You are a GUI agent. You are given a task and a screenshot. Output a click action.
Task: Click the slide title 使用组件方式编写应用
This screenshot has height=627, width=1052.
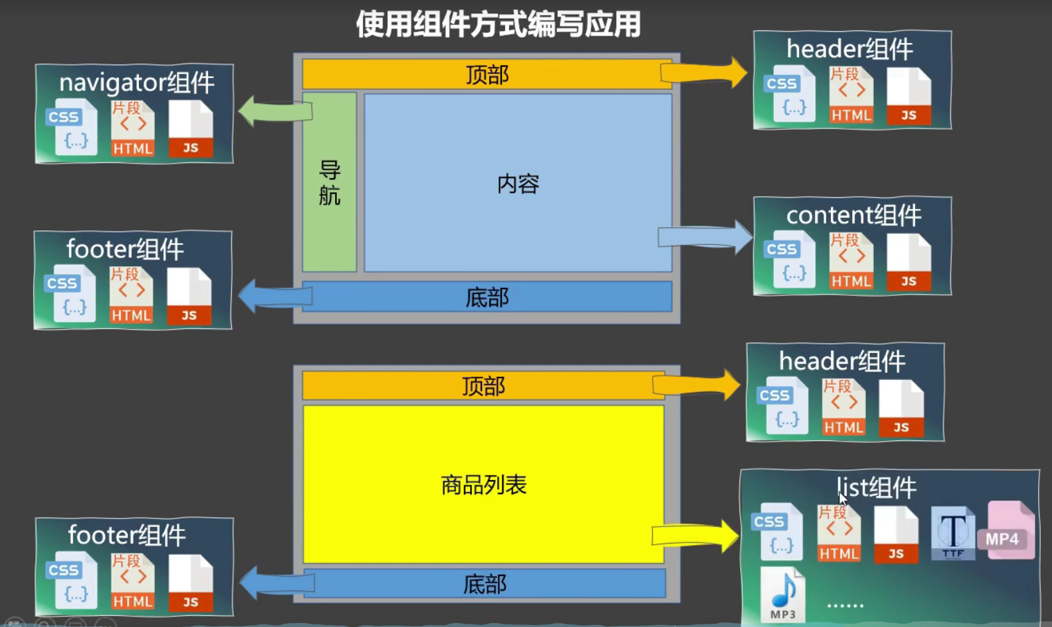pyautogui.click(x=498, y=24)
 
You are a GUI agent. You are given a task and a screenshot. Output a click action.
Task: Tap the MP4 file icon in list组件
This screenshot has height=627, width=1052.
pyautogui.click(x=1010, y=531)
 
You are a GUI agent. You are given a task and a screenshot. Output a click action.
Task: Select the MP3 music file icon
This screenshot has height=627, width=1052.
pyautogui.click(x=783, y=595)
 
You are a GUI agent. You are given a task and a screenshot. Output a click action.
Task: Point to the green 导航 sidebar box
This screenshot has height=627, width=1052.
pyautogui.click(x=330, y=183)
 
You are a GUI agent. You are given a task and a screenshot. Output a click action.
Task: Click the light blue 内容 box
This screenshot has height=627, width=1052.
pyautogui.click(x=518, y=183)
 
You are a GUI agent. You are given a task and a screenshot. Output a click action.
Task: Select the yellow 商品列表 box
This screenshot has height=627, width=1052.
pyautogui.click(x=483, y=485)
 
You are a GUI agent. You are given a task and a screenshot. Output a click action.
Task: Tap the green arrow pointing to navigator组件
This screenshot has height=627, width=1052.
pyautogui.click(x=273, y=111)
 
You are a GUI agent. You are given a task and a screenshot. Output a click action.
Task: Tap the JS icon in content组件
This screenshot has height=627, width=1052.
pyautogui.click(x=909, y=263)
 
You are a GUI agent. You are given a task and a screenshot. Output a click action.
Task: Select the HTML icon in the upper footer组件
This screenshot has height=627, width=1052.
pyautogui.click(x=131, y=295)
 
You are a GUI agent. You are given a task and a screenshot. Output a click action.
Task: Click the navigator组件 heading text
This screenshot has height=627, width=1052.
pyautogui.click(x=136, y=83)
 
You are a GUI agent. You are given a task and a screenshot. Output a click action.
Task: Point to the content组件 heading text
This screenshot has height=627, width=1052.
pyautogui.click(x=853, y=215)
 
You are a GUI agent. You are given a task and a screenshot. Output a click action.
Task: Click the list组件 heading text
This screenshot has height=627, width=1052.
pyautogui.click(x=877, y=488)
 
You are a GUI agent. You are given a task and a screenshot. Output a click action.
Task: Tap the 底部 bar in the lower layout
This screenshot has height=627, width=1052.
pyautogui.click(x=485, y=584)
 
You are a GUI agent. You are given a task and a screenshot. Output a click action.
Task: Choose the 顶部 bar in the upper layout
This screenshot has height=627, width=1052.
pyautogui.click(x=487, y=75)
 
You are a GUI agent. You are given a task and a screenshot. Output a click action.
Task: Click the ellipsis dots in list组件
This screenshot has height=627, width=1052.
pyautogui.click(x=845, y=605)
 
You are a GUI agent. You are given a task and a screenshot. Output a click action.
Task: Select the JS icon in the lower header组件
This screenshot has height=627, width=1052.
pyautogui.click(x=901, y=409)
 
